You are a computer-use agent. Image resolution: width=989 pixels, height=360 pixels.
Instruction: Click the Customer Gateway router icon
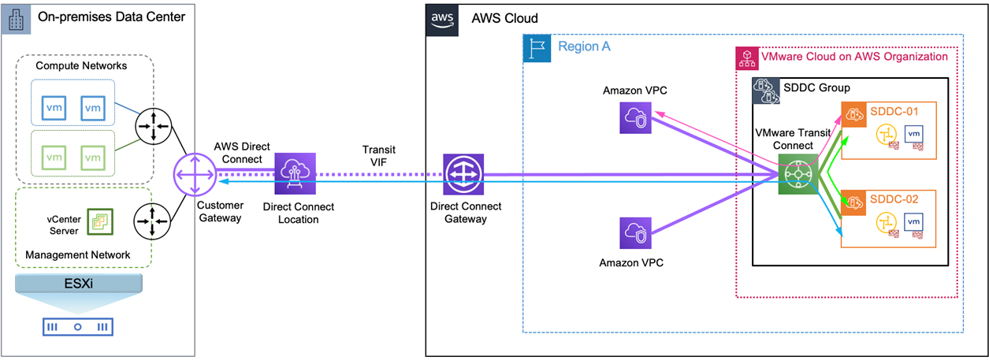tap(195, 173)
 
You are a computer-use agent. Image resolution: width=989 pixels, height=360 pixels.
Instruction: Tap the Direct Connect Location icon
tap(295, 173)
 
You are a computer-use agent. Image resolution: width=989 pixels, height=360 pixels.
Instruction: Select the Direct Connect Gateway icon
tap(463, 173)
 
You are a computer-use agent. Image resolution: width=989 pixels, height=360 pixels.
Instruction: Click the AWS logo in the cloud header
tap(441, 19)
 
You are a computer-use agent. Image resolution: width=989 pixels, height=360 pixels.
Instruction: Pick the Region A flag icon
tap(537, 47)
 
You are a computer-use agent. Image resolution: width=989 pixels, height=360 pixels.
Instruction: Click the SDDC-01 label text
tap(894, 111)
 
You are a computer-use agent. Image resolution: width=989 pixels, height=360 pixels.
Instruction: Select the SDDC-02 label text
tap(894, 199)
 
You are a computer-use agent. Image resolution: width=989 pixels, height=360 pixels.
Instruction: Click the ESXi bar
tap(77, 283)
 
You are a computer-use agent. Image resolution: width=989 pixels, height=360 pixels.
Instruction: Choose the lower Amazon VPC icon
tap(634, 232)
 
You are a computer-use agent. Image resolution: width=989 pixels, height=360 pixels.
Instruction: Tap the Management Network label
tap(77, 254)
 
